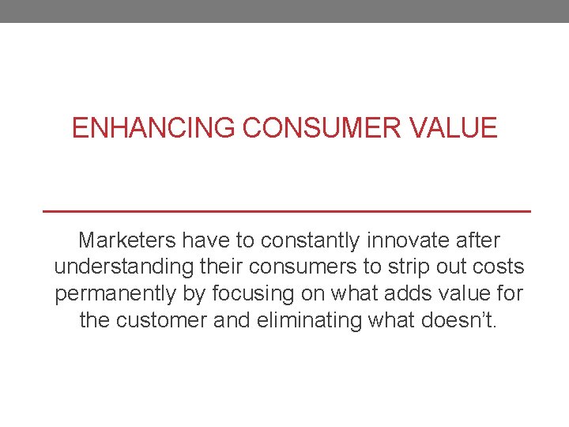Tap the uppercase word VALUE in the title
[x=462, y=128]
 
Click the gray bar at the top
[x=284, y=11]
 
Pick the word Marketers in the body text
[x=127, y=240]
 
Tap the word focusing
[x=254, y=293]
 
